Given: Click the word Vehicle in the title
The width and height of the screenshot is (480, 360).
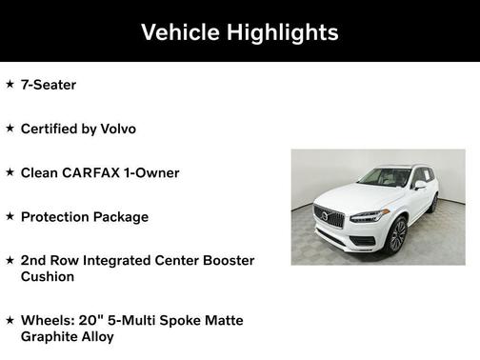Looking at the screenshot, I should [182, 31].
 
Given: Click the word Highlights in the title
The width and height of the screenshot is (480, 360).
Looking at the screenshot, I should [283, 31].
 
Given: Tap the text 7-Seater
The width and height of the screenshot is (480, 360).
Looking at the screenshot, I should [48, 85].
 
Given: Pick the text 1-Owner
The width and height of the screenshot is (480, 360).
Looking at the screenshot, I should [154, 172].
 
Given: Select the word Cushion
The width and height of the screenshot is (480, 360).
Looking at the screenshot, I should [49, 276].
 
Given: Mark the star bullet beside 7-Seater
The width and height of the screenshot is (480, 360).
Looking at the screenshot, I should [10, 85].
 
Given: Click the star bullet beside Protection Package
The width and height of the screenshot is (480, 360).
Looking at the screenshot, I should [10, 216].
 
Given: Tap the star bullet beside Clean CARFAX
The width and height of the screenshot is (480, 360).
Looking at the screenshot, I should [10, 172].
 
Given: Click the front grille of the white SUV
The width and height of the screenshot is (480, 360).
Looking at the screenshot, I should [330, 217].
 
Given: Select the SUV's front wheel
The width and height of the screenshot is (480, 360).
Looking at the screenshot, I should [398, 234].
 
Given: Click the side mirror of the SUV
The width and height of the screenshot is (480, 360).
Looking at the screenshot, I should [419, 186].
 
